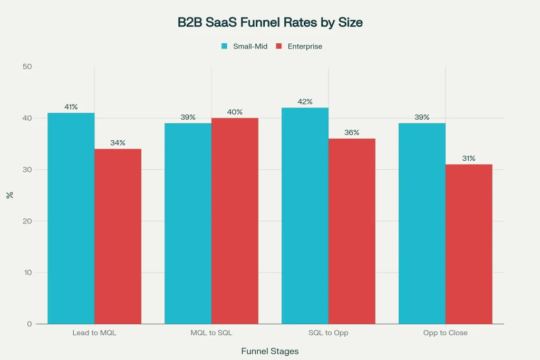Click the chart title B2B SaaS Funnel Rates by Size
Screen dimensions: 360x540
(270, 23)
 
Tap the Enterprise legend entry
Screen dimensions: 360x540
(304, 46)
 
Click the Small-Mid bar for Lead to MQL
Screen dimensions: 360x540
(71, 218)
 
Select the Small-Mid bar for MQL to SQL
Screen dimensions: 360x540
(188, 223)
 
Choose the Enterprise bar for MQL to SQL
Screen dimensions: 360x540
(235, 221)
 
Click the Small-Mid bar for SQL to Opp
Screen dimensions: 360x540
(305, 216)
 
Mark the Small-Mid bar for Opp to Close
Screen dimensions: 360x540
(422, 223)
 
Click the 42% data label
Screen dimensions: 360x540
(305, 102)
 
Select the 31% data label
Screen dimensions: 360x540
(469, 158)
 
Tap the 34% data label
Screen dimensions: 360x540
(118, 143)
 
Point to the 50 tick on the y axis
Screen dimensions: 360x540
(27, 67)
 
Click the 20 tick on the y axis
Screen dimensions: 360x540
(27, 221)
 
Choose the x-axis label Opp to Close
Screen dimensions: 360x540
(445, 333)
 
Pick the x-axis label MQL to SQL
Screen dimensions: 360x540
(211, 333)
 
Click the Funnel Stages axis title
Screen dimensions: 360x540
(269, 351)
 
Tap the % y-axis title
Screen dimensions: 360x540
(9, 195)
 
